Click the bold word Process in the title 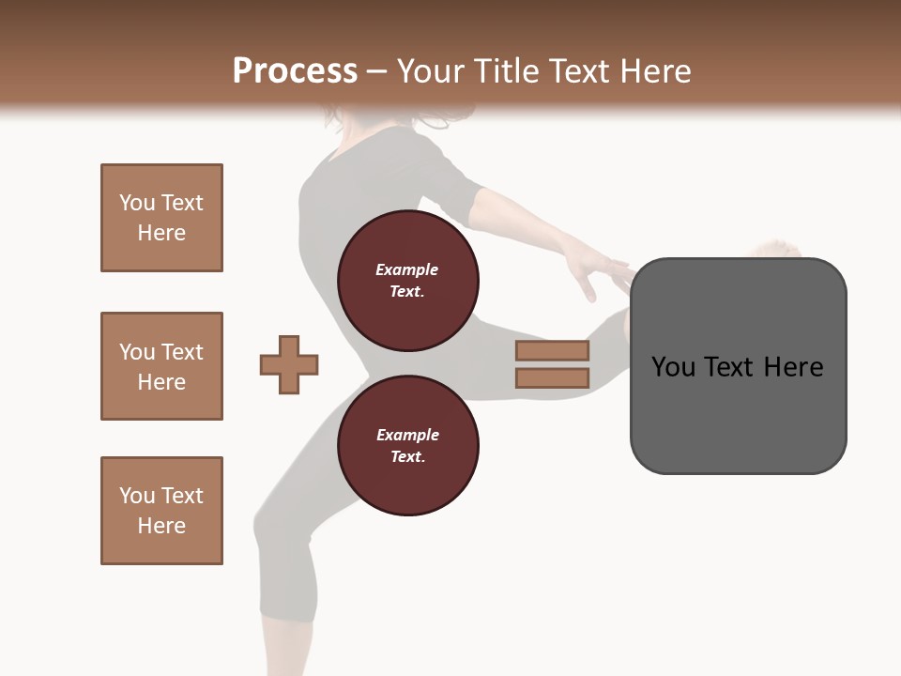(295, 70)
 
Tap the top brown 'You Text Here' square (161, 218)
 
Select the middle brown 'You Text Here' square (161, 366)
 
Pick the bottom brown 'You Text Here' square (161, 511)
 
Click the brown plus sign (289, 364)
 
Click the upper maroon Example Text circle (407, 280)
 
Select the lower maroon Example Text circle (407, 445)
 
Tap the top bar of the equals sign (552, 351)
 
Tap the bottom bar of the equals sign (552, 378)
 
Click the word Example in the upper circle (407, 269)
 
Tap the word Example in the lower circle (407, 435)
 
